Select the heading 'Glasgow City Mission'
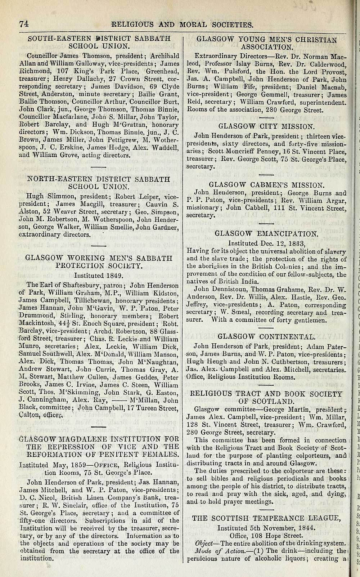[x=266, y=126]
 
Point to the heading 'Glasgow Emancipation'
[x=267, y=233]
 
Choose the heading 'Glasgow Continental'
[x=266, y=336]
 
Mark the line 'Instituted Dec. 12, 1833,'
[x=267, y=243]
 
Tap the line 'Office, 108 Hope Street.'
[x=266, y=536]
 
